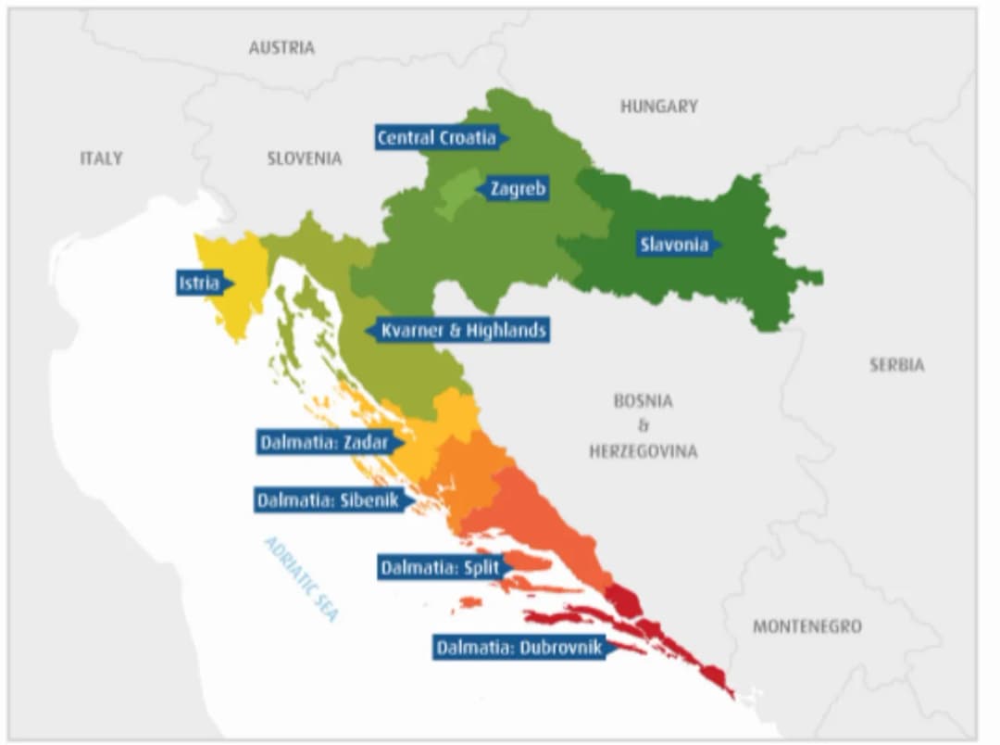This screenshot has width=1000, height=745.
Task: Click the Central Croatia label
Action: (x=437, y=137)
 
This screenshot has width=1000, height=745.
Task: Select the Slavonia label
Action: (x=674, y=245)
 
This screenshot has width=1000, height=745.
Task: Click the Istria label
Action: (x=200, y=284)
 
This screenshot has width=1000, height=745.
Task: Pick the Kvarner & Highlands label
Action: (x=462, y=330)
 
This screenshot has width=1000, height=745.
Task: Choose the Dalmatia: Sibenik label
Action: (x=328, y=500)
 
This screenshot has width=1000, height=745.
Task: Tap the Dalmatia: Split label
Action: (x=440, y=567)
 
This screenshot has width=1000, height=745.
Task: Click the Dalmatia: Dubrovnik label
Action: (x=519, y=647)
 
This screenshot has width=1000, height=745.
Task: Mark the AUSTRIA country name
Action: (x=281, y=47)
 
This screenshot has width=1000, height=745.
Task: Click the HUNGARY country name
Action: (x=658, y=107)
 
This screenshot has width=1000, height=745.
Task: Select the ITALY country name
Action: (x=101, y=158)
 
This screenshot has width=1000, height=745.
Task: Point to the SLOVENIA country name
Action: (x=305, y=158)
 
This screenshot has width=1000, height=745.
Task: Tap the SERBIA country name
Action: (x=895, y=365)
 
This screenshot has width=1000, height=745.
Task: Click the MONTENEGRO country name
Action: (x=806, y=626)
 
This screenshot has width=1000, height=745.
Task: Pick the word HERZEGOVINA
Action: (x=643, y=452)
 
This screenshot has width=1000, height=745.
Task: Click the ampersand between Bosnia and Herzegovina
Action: (x=643, y=426)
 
